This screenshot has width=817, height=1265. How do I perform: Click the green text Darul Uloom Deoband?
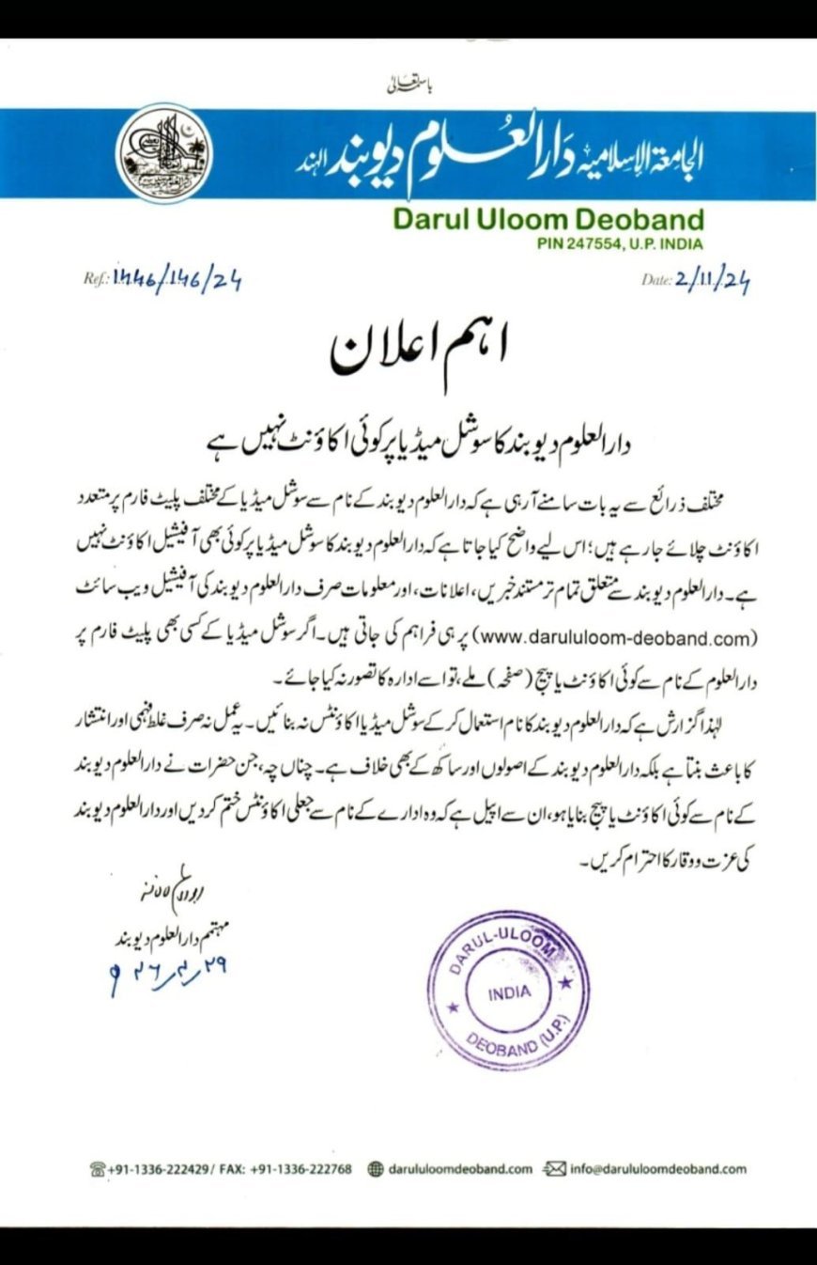tap(548, 220)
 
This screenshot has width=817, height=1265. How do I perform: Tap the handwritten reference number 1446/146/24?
tap(177, 280)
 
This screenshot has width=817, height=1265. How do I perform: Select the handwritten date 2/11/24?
tap(712, 280)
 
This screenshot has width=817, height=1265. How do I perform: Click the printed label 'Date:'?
tap(656, 280)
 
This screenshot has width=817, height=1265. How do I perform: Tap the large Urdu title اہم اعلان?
tap(420, 350)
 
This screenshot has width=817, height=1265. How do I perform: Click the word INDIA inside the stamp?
tap(508, 992)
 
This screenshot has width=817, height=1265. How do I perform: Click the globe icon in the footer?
tap(376, 1169)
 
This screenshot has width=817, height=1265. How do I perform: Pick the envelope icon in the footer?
tap(554, 1169)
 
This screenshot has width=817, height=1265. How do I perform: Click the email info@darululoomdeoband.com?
tap(658, 1169)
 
